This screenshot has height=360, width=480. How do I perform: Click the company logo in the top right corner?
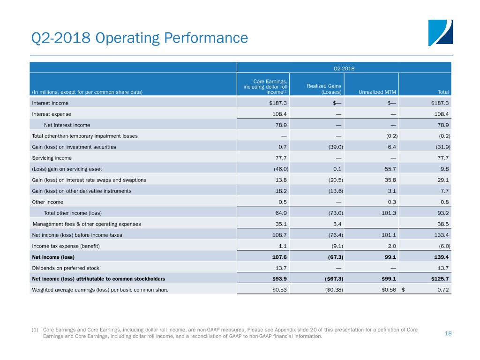pyautogui.click(x=440, y=33)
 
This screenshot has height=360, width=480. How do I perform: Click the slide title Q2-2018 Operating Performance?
pyautogui.click(x=140, y=38)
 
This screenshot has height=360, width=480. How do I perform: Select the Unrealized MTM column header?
pyautogui.click(x=377, y=92)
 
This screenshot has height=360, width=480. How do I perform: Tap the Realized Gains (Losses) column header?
pyautogui.click(x=324, y=89)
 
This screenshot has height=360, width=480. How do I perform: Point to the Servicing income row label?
pyautogui.click(x=52, y=158)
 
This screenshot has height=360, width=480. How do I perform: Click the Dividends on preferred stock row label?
pyautogui.click(x=66, y=268)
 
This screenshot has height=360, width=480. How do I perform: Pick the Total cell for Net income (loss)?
pyautogui.click(x=441, y=257)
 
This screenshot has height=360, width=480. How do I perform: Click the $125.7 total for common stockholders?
pyautogui.click(x=440, y=279)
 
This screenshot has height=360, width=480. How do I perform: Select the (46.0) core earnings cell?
pyautogui.click(x=281, y=169)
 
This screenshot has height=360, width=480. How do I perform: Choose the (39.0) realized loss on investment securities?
pyautogui.click(x=336, y=147)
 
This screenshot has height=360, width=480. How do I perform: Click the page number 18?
pyautogui.click(x=448, y=333)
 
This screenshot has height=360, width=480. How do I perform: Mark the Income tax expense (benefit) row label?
pyautogui.click(x=66, y=246)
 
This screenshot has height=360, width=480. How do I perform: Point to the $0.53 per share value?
pyautogui.click(x=279, y=290)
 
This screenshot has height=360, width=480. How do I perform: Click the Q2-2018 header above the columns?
pyautogui.click(x=344, y=68)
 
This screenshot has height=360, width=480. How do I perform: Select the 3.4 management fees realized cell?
pyautogui.click(x=337, y=224)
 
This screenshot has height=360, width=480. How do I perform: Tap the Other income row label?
pyautogui.click(x=47, y=202)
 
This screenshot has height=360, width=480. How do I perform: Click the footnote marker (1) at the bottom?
pyautogui.click(x=35, y=330)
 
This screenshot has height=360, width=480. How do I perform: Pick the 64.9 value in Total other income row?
pyautogui.click(x=281, y=213)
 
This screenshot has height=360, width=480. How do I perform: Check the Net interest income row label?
pyautogui.click(x=67, y=125)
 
